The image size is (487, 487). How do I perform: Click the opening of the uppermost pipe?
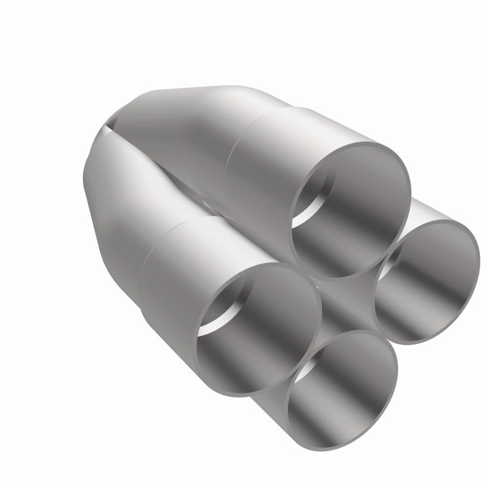tap(350, 210)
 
